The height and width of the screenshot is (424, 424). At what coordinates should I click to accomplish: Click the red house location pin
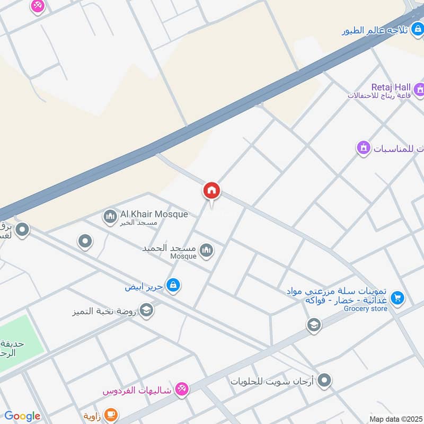[x=211, y=190]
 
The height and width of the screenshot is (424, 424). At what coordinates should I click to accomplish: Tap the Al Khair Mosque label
[x=154, y=214]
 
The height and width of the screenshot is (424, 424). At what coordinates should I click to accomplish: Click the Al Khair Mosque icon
[x=110, y=217]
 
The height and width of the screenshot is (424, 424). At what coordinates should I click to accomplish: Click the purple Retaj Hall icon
[x=419, y=89]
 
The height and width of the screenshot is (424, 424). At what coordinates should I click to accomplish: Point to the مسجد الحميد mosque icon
[x=206, y=251]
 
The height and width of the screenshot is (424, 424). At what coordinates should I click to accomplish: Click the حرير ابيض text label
[x=143, y=287]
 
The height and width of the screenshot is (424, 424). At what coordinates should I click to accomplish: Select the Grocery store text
[x=365, y=308]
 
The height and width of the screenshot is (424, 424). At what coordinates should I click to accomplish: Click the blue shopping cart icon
[x=398, y=298]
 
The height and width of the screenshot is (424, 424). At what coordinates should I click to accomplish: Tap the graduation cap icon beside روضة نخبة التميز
[x=147, y=311]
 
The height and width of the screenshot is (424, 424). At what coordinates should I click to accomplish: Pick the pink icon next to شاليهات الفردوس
[x=181, y=390]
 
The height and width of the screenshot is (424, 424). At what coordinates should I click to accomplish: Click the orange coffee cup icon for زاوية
[x=110, y=414]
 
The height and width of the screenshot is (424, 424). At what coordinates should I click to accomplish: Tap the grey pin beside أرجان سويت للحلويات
[x=324, y=380]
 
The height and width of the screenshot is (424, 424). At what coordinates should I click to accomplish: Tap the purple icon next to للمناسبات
[x=363, y=148]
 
